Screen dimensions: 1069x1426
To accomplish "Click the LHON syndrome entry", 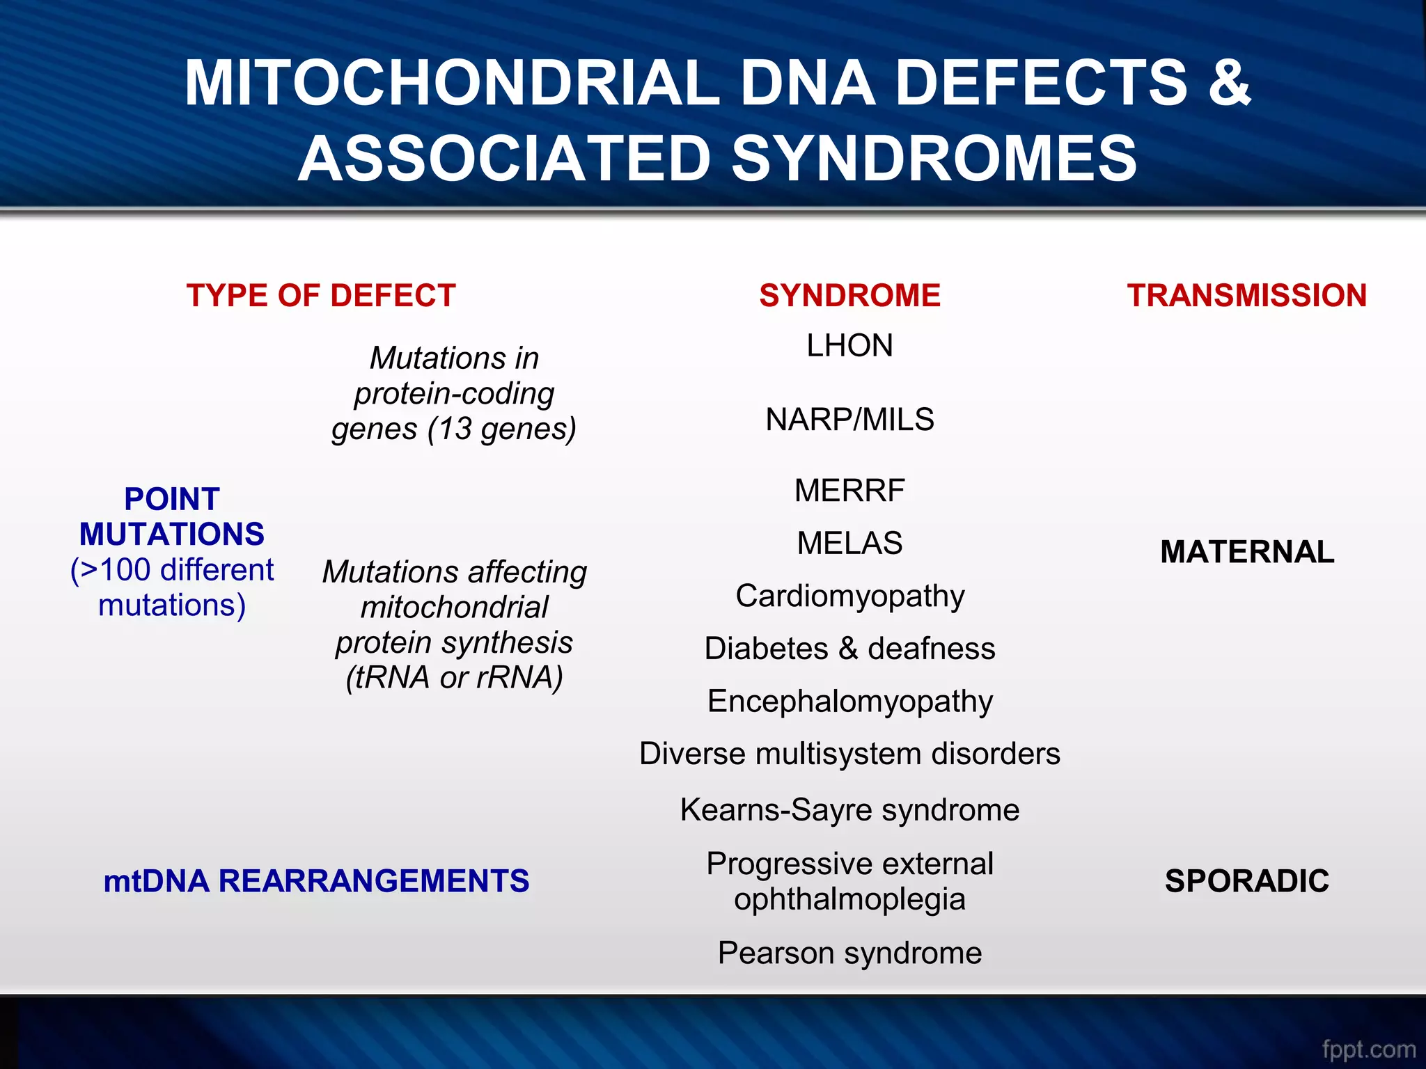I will point(849,346).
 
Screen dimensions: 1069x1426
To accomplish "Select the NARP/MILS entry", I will point(849,420).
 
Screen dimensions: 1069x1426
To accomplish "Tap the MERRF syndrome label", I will point(849,491).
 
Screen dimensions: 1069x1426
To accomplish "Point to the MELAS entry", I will point(849,543).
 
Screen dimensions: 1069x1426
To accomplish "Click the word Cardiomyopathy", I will point(849,596).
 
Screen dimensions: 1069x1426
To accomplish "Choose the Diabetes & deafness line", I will point(849,649).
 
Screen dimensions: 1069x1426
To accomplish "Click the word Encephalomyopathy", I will point(849,702).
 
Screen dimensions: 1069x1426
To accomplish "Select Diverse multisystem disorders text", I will point(849,754).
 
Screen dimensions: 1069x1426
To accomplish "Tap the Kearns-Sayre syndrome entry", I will point(849,810).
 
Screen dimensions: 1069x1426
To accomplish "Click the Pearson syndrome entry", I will point(849,953).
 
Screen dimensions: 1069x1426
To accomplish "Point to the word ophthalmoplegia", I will point(849,899).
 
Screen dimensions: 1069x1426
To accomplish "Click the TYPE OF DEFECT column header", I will point(321,296).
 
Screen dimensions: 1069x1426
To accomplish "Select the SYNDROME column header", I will point(849,296).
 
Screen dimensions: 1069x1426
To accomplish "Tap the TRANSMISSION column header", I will point(1246,296).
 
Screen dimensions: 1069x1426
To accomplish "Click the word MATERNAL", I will point(1246,552).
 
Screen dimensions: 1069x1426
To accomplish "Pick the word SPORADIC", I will point(1246,881).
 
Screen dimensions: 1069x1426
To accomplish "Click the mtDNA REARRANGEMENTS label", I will point(316,881).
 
